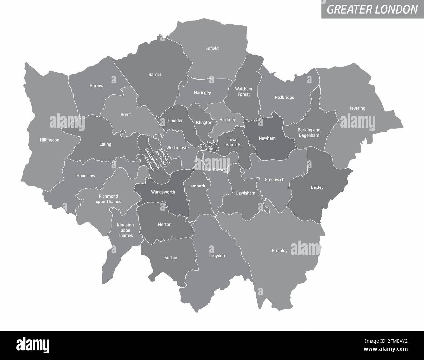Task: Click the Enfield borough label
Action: pos(212,48)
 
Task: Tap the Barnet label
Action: pos(155,74)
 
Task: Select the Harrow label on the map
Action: pos(97,86)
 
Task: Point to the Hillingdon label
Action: pos(50,140)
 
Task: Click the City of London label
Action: pos(209,147)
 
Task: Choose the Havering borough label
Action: pos(356,108)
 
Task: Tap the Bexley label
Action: pos(317,187)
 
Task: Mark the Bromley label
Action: pos(280,251)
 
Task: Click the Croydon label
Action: pos(217,256)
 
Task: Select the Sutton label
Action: pos(171,258)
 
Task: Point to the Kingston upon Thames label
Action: pos(126,230)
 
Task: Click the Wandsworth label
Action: pos(163,192)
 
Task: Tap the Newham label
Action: pos(267,138)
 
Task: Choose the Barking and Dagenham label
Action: pos(309,133)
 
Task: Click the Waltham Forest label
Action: pos(244,92)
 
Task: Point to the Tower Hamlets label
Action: pos(234,142)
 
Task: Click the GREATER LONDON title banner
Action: pos(372,9)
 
